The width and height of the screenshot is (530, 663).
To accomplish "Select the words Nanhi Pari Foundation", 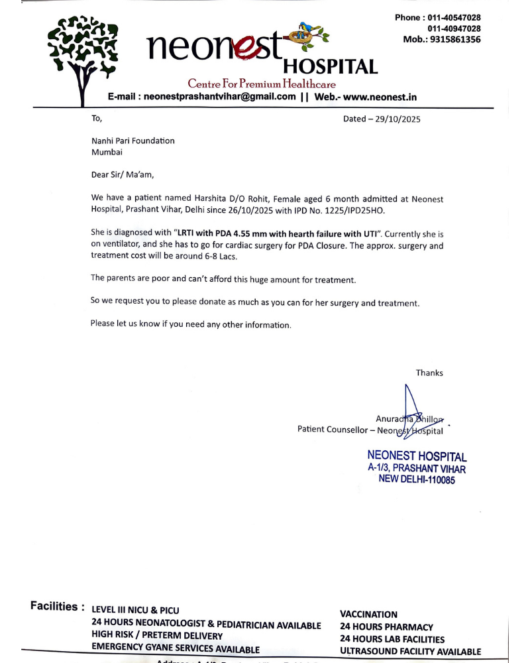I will click(133, 141).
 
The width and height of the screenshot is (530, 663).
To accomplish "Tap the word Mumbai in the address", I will click(107, 152).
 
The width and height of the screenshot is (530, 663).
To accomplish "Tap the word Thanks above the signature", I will click(429, 373).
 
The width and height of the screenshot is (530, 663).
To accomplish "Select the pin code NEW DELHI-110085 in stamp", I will click(417, 480).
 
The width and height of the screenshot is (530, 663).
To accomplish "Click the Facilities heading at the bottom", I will click(57, 606).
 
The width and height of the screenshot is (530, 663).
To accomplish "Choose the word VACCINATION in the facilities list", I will click(369, 615).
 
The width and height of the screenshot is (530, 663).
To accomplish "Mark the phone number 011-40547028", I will click(453, 17).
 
